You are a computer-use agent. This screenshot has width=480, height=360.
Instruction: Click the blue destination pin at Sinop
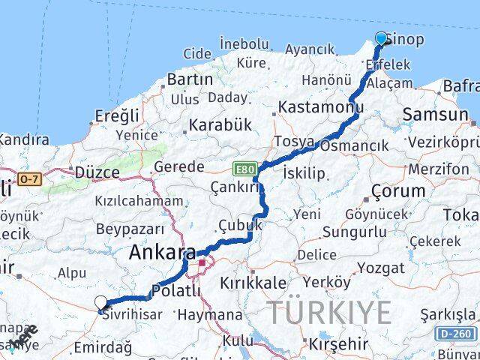coord(381,38)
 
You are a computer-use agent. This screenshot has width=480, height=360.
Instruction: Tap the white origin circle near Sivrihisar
coord(101,302)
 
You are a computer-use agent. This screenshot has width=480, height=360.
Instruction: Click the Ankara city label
coord(162,253)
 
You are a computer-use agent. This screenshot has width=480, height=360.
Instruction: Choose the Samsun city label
coord(435,115)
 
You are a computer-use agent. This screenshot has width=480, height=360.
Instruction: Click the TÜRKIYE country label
coord(330,312)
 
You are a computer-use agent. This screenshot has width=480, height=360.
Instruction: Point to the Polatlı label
coord(175,291)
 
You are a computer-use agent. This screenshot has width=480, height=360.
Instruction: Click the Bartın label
coord(190,79)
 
